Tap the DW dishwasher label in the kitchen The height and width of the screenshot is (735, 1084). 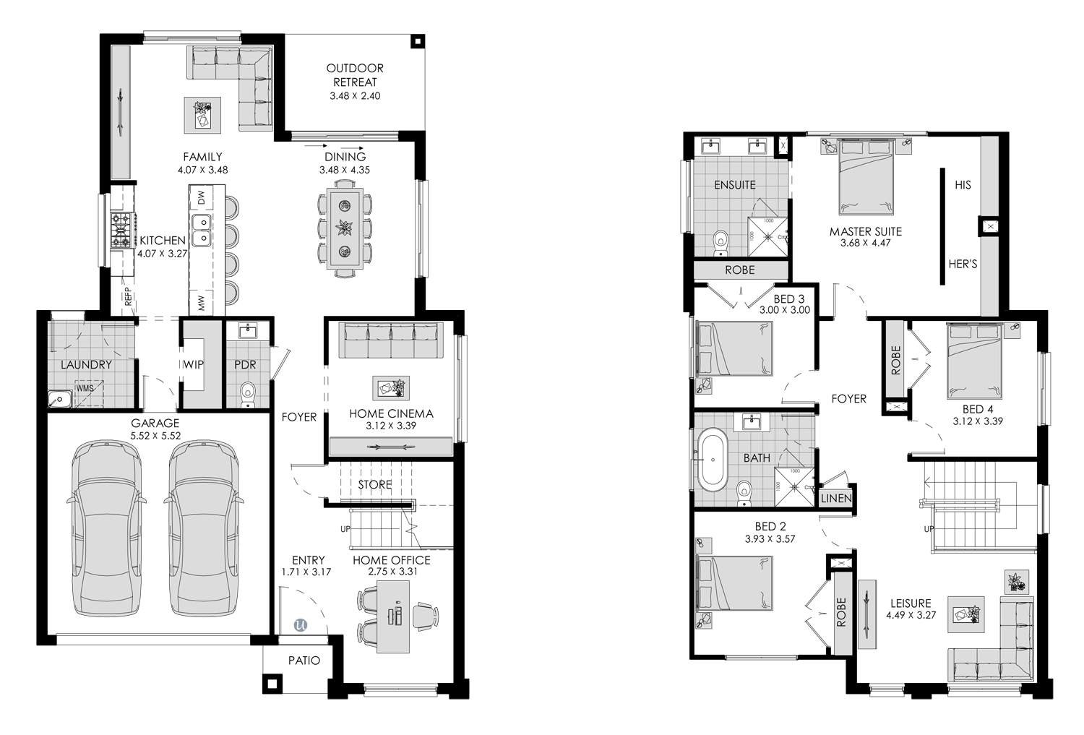(x=202, y=197)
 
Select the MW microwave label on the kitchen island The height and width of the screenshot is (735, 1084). (x=202, y=303)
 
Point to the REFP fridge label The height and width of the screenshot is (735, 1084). (x=128, y=296)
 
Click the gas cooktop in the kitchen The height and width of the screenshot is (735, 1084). (x=122, y=231)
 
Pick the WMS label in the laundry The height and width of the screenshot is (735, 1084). (x=85, y=388)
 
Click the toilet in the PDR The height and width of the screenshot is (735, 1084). (x=248, y=395)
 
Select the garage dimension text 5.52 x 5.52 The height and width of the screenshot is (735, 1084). (x=155, y=436)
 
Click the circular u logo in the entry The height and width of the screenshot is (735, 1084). (x=301, y=624)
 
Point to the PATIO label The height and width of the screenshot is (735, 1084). (x=304, y=661)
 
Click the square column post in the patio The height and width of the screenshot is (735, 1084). (x=272, y=684)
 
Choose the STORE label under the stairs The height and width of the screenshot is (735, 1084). (x=375, y=484)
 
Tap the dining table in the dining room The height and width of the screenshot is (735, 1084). (x=345, y=228)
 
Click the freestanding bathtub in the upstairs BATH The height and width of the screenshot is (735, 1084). (x=713, y=460)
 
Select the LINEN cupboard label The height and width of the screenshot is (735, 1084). (x=836, y=498)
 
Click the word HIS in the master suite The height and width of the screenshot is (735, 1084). (x=963, y=185)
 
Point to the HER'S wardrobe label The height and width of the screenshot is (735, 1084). (x=963, y=265)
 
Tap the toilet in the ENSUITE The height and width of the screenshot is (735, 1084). (x=720, y=243)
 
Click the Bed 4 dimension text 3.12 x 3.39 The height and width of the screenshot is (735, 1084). (x=978, y=421)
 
